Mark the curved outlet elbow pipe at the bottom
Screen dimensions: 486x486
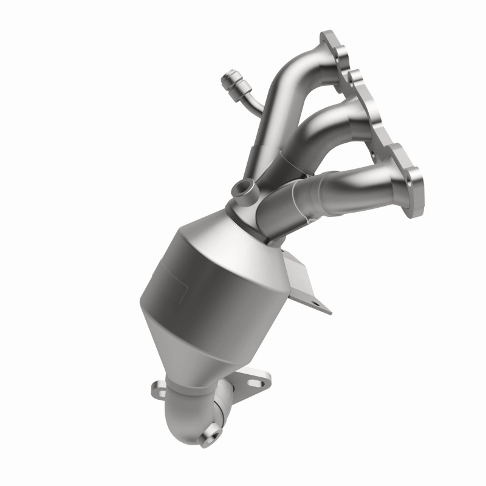tap(194, 413)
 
